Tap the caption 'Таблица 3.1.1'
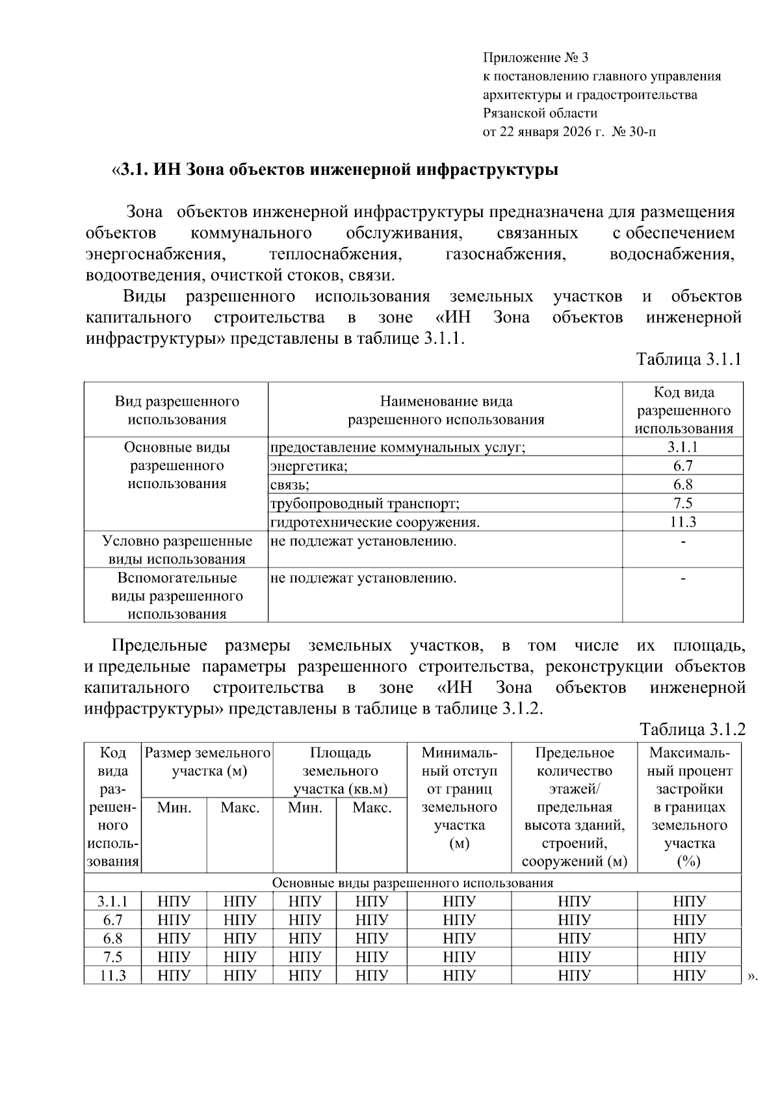pos(688,359)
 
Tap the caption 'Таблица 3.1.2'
pos(692,729)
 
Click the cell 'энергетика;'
pos(309,466)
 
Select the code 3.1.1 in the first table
pos(682,447)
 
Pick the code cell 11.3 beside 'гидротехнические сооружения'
pos(682,522)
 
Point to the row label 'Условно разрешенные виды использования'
pos(177,550)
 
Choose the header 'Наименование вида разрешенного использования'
pos(446,410)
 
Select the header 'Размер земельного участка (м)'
pos(207,762)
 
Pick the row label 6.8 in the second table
pos(112,939)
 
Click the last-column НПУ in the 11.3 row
pos(689,976)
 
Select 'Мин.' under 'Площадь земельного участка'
pos(305,808)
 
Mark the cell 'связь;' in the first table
pos(289,485)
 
